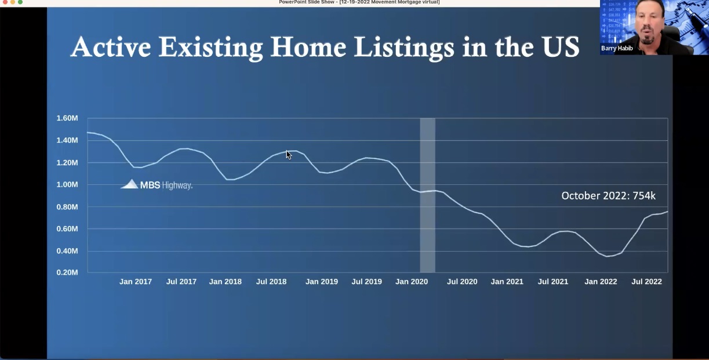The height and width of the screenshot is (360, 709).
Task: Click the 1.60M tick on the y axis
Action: pyautogui.click(x=67, y=118)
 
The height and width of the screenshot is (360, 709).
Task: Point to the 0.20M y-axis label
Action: pyautogui.click(x=67, y=272)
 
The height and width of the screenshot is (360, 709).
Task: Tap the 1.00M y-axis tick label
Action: pyautogui.click(x=67, y=184)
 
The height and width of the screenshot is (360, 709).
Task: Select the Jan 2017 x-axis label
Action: pyautogui.click(x=136, y=282)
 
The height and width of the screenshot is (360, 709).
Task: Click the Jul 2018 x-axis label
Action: pyautogui.click(x=271, y=282)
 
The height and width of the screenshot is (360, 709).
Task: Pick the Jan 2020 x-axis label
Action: pyautogui.click(x=412, y=282)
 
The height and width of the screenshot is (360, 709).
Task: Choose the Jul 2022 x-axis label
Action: pyautogui.click(x=646, y=282)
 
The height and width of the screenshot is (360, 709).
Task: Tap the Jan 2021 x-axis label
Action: pyautogui.click(x=507, y=282)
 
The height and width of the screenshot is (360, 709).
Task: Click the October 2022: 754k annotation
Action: pyautogui.click(x=608, y=196)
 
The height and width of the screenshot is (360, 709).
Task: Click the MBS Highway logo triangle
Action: pyautogui.click(x=129, y=184)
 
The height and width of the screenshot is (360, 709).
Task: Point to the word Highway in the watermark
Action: pyautogui.click(x=177, y=186)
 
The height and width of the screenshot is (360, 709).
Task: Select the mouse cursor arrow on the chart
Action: pyautogui.click(x=289, y=155)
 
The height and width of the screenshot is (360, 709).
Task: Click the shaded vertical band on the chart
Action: pyautogui.click(x=428, y=195)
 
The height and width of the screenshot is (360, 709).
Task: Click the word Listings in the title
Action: pyautogui.click(x=404, y=48)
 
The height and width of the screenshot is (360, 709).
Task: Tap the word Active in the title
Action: pyautogui.click(x=111, y=47)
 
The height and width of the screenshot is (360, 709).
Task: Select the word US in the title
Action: pyautogui.click(x=560, y=47)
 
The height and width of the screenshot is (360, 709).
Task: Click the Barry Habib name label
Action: pyautogui.click(x=617, y=49)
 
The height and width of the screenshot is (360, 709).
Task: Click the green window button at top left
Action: pyautogui.click(x=20, y=2)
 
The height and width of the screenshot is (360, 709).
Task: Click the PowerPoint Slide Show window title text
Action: pyautogui.click(x=359, y=2)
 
